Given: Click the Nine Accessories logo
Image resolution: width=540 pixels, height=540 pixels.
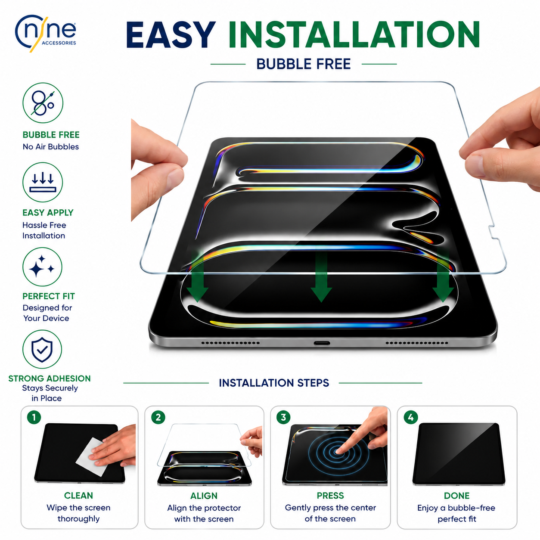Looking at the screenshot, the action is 45,33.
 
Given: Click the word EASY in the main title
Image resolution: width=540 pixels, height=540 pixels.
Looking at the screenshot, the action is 171,35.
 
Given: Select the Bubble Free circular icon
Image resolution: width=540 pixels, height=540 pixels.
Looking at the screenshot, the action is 43,102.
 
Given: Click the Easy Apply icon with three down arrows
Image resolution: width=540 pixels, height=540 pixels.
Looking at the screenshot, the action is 43,182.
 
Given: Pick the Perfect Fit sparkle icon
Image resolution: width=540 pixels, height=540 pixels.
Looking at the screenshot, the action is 42,267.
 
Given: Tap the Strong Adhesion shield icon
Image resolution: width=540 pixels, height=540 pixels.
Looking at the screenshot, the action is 42,349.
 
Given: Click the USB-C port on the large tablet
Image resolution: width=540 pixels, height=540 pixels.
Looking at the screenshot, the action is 321,343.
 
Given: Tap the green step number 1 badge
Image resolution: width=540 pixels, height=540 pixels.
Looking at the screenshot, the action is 34,418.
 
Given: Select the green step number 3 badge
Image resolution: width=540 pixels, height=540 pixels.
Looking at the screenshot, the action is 283,417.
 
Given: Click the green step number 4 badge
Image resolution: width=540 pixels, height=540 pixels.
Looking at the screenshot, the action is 411,418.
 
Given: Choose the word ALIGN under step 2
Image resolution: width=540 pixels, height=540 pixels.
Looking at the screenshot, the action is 204,496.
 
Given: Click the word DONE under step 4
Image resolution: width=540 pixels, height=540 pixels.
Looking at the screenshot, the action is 457,496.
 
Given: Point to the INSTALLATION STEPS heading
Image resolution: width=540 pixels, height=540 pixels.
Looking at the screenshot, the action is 274,383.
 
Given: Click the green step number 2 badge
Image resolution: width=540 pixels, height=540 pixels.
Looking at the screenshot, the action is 158,418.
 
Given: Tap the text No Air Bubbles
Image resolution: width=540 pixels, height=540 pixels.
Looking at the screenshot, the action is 51,146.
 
